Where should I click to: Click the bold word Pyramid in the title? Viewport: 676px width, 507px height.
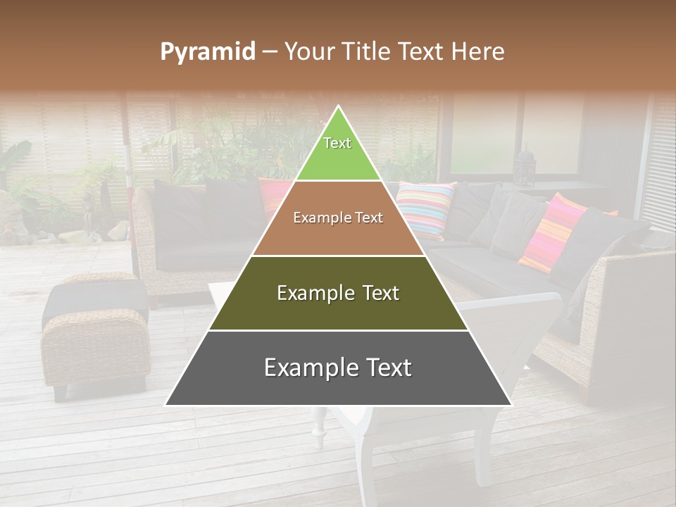point(208,51)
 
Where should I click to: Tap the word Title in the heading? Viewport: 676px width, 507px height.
point(366,51)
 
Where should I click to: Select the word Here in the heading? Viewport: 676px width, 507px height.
point(479,51)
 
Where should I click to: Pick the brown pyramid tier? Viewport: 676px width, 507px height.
point(338,218)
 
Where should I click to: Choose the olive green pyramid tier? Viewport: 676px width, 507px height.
point(338,293)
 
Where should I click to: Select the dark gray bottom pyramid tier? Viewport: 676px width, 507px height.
point(338,368)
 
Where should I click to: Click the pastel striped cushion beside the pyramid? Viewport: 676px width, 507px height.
point(425,208)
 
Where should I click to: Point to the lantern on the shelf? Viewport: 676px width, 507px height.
point(525,165)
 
